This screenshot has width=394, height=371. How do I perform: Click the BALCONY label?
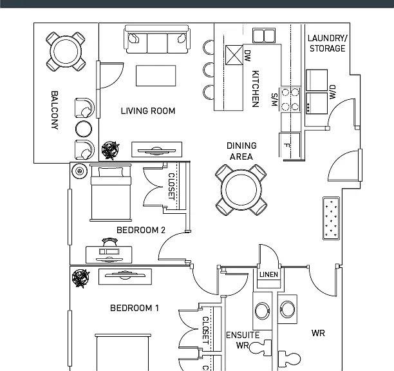coord(55,110)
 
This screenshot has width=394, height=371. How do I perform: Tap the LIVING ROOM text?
coord(148,111)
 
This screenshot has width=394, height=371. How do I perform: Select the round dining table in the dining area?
coord(241,189)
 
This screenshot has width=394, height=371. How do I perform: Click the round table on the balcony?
coord(66,52)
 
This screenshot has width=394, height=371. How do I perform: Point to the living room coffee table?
coord(156,75)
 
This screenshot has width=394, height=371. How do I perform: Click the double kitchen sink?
coord(264,35)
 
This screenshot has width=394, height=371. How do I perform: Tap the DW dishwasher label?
coord(247,56)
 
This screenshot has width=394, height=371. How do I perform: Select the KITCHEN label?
coord(256,89)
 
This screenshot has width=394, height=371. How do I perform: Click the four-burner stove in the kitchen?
coord(290,99)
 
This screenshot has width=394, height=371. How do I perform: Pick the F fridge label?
coord(286,146)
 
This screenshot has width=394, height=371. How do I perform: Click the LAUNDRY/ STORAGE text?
coord(328,43)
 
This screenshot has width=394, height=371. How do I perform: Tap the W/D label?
coord(332,92)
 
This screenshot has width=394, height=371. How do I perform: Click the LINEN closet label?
coord(269,274)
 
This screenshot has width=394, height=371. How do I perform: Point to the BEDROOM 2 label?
coord(141,230)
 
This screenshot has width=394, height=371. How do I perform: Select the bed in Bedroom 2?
coord(111,193)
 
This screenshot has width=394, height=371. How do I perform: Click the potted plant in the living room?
coord(110,150)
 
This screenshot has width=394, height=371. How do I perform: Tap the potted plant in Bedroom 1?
coord(80,278)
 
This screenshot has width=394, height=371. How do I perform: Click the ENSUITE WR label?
coord(243,340)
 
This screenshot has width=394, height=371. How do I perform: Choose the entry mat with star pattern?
coord(331,218)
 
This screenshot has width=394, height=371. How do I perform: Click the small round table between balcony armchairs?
coord(84,129)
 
